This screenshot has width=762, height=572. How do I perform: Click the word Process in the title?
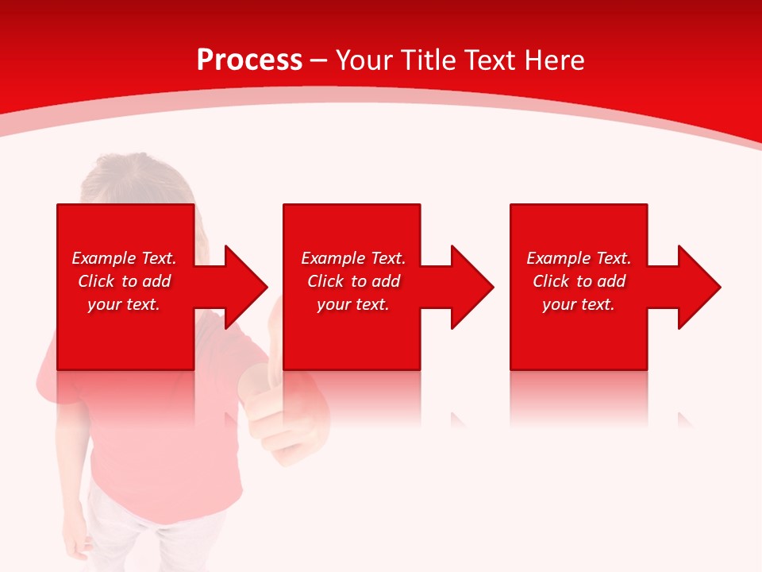click(x=249, y=60)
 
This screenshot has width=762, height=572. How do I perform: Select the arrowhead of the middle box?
click(x=471, y=287)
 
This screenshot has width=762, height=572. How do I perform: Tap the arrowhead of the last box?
click(x=698, y=287)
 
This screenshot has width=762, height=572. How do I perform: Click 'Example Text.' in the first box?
click(x=125, y=258)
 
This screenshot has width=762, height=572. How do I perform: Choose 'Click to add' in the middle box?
click(x=353, y=281)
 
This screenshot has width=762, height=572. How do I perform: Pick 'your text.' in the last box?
click(x=579, y=304)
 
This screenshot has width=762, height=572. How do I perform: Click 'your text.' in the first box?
click(x=125, y=304)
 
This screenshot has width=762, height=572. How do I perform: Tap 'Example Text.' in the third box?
click(x=579, y=258)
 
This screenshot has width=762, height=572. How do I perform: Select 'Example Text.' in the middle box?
click(x=353, y=258)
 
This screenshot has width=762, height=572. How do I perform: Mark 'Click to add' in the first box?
click(x=125, y=281)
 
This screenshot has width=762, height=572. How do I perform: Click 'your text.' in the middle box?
click(x=353, y=304)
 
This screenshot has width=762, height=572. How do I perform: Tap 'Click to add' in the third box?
click(x=579, y=281)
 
